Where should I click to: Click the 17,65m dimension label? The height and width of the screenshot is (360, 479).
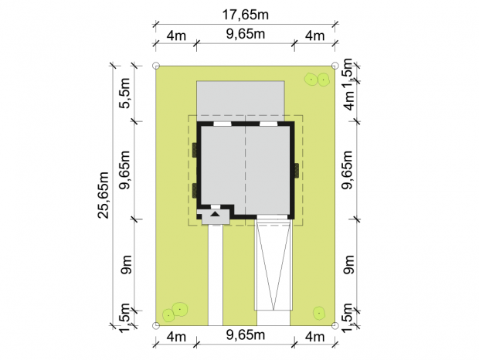246,15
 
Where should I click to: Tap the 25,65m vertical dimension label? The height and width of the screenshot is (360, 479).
104,195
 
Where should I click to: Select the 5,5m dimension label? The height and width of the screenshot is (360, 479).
125,93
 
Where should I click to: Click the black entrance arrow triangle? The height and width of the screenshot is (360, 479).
216,214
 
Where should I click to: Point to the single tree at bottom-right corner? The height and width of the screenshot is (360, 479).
319,313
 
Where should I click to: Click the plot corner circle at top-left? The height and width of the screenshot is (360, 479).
156,66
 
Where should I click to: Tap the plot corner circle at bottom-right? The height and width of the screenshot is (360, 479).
335,325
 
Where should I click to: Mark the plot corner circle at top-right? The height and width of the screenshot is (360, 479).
335,66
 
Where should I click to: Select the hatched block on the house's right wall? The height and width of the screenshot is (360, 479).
297,171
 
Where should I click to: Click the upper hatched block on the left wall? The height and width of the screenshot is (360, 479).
195,150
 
